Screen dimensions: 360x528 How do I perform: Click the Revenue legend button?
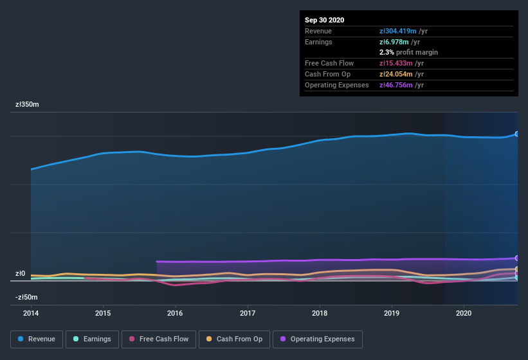pos(37,339)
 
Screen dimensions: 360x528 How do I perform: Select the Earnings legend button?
pos(92,339)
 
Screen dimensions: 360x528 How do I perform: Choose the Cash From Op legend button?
pos(234,339)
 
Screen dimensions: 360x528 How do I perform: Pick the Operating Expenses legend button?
pos(318,339)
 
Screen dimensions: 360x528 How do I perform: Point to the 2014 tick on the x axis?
pos(31,313)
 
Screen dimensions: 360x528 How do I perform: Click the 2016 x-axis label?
pos(175,313)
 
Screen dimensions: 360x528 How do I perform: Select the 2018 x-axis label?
pos(320,313)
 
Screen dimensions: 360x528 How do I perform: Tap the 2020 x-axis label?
pos(464,313)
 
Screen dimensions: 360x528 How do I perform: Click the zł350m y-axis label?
pos(27,104)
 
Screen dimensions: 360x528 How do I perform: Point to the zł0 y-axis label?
pos(21,273)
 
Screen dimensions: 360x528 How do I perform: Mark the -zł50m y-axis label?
pos(27,297)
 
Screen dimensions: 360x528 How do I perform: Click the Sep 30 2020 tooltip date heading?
pos(324,20)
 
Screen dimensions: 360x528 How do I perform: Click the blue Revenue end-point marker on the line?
pos(517,134)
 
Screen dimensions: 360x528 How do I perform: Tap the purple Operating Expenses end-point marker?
pos(517,258)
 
